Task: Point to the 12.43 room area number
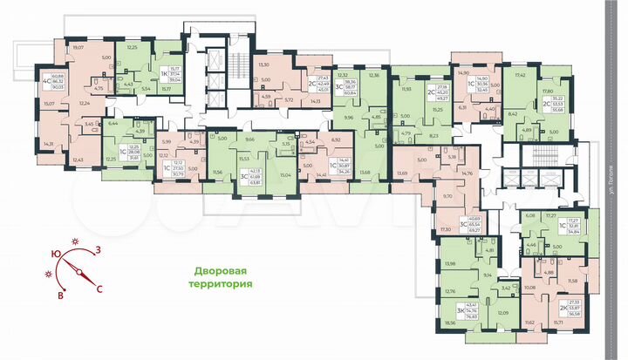point(78,160)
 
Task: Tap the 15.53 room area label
point(246,158)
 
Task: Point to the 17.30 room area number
point(447,228)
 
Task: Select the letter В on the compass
point(61,296)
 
